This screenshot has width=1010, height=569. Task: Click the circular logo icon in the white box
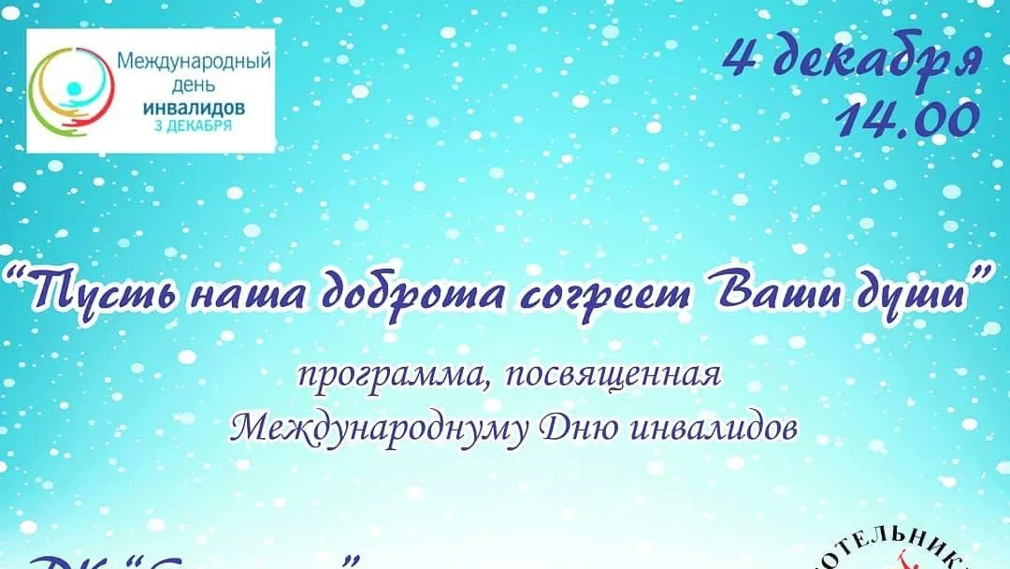pos(67,90)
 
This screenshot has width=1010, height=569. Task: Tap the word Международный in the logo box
pos(194,63)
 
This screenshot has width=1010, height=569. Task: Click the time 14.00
pos(908,119)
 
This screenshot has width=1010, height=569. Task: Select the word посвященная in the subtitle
pos(601,377)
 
